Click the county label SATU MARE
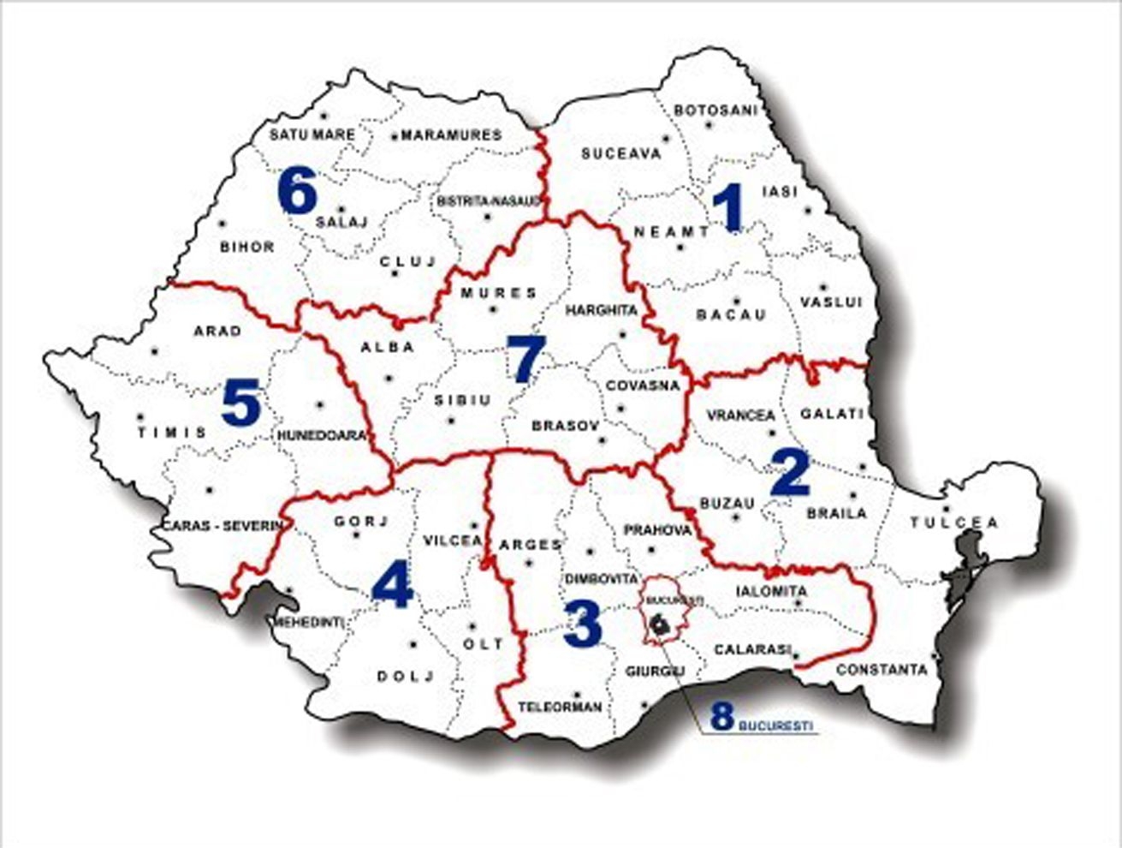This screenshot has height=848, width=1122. click(x=306, y=134)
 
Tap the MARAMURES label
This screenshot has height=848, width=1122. click(x=451, y=135)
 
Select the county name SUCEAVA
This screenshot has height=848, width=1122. click(x=621, y=154)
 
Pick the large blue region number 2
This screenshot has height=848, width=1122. click(x=789, y=473)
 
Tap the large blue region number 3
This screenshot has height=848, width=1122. click(x=584, y=625)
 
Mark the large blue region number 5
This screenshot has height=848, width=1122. click(x=240, y=403)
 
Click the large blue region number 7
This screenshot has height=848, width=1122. click(x=525, y=359)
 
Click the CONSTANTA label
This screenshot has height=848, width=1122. click(x=882, y=670)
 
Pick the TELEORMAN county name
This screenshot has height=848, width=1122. click(x=561, y=708)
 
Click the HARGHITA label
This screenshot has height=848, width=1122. click(x=602, y=310)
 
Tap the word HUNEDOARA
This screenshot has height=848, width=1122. click(x=322, y=435)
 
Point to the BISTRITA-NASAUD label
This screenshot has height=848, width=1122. click(x=490, y=201)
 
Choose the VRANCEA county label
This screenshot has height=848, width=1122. click(x=741, y=415)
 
